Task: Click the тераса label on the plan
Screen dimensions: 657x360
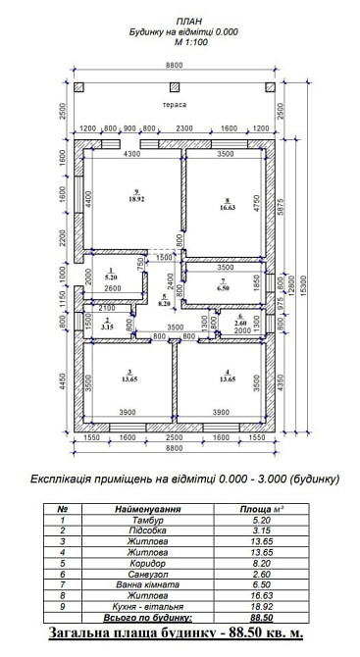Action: tap(176, 104)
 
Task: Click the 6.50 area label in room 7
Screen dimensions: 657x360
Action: tap(224, 288)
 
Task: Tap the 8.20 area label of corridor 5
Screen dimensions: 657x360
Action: tap(165, 305)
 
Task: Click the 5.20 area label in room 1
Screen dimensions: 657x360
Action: tap(111, 278)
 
